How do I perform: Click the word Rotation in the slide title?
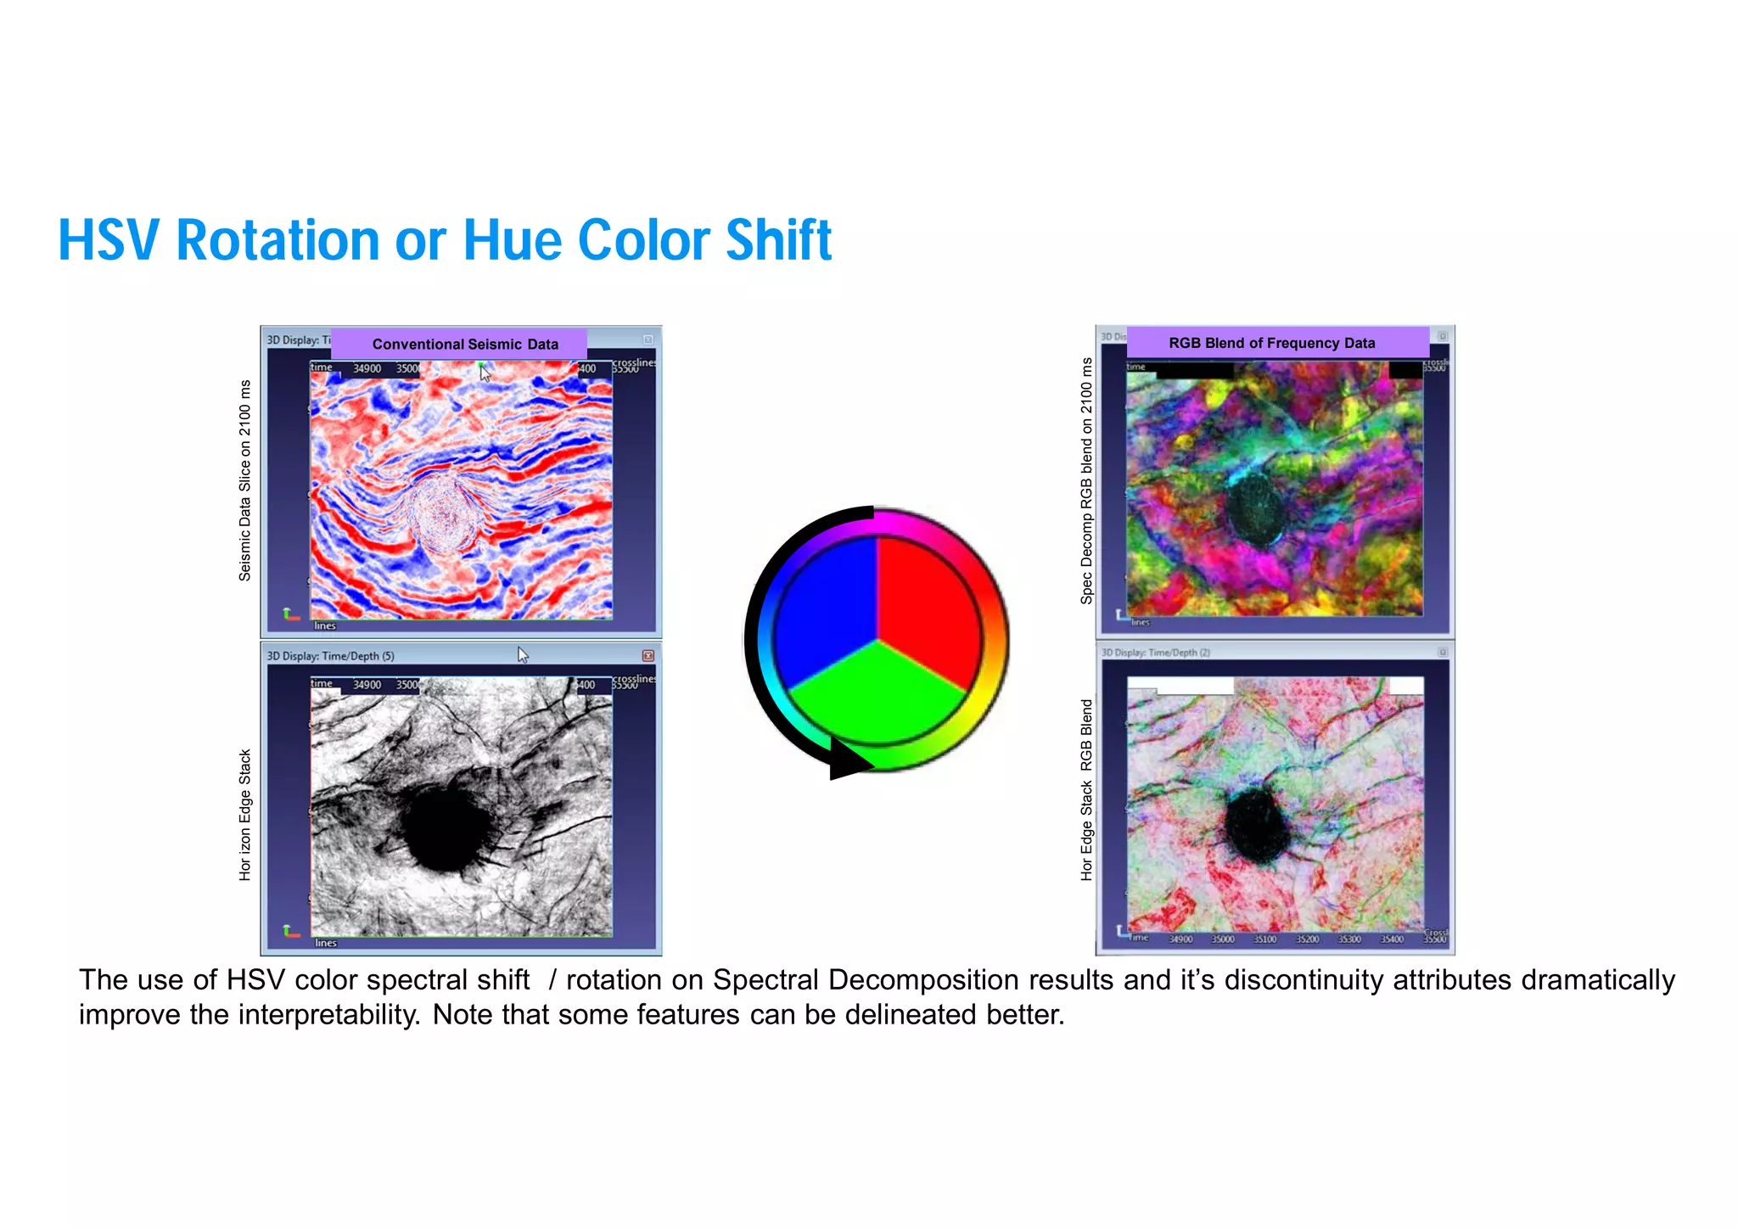278,240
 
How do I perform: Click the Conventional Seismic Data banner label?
464,344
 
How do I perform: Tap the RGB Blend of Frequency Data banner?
1271,343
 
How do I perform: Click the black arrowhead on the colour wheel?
849,760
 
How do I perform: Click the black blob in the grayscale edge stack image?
443,827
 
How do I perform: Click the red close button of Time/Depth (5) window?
648,655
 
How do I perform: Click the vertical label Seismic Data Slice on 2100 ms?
245,480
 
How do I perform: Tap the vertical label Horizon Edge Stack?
245,815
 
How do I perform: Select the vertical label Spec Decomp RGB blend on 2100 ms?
1086,480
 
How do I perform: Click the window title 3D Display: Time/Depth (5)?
331,656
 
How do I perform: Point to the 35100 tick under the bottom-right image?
1264,939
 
